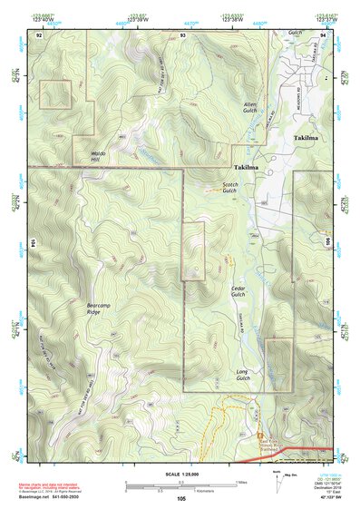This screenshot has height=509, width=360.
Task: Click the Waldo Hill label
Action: (x=101, y=156)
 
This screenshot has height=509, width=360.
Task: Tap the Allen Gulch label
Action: (x=251, y=108)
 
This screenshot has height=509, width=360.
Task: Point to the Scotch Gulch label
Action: (x=230, y=187)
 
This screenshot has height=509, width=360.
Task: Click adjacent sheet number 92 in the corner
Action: (x=39, y=34)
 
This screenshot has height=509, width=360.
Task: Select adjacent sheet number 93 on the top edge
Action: (x=182, y=34)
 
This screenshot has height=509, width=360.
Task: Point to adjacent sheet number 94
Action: (x=323, y=34)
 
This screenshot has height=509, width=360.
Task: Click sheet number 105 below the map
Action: (x=182, y=498)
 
